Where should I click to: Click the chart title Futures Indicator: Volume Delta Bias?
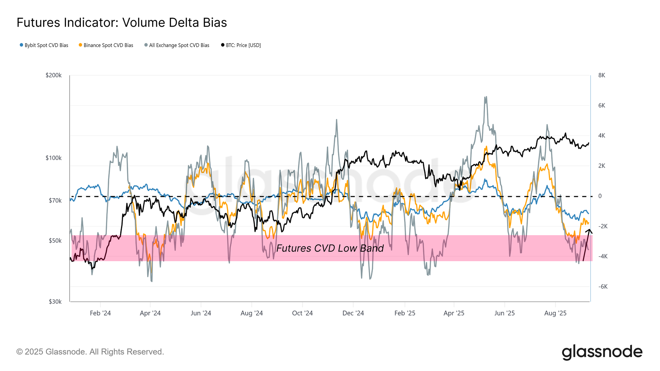pos(122,23)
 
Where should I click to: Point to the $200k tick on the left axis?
pos(53,75)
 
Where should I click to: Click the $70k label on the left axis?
pos(55,201)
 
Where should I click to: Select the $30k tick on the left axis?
pos(55,301)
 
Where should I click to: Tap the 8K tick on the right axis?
pos(602,75)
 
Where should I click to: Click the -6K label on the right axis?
pos(603,287)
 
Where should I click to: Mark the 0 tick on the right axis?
pos(600,196)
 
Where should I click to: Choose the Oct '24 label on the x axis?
pos(302,313)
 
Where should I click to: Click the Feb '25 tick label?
pos(405,313)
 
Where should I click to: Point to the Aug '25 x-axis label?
pos(555,313)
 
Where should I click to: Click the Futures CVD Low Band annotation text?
pos(330,248)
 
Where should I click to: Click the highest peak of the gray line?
pos(485,97)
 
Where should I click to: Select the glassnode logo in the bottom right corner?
pos(602,352)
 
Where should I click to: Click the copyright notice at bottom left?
pos(90,352)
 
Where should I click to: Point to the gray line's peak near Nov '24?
pos(336,120)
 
